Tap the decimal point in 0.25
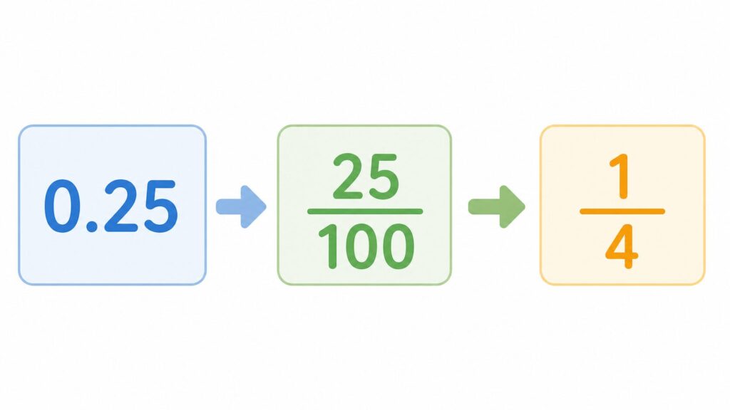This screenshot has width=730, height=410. tap(92, 227)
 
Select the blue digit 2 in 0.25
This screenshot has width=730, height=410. tap(121, 206)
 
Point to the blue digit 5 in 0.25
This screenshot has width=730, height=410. tap(160, 206)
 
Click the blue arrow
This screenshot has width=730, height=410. tap(241, 206)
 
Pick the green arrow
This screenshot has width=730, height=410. tap(496, 206)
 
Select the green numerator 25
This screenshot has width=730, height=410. tap(366, 177)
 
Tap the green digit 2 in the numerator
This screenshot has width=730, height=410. tap(348, 177)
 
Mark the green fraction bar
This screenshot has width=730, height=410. tap(365, 211)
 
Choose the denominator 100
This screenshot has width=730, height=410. tap(366, 246)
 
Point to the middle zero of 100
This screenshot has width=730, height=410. tap(361, 247)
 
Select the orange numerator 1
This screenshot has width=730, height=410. tap(622, 177)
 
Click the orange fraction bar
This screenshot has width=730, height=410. tap(622, 211)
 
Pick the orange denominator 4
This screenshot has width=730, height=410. tap(622, 247)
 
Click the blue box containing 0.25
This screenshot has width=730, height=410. tap(112, 205)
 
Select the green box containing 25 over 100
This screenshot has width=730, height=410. tap(364, 205)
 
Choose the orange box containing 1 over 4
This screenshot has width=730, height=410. tap(622, 205)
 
